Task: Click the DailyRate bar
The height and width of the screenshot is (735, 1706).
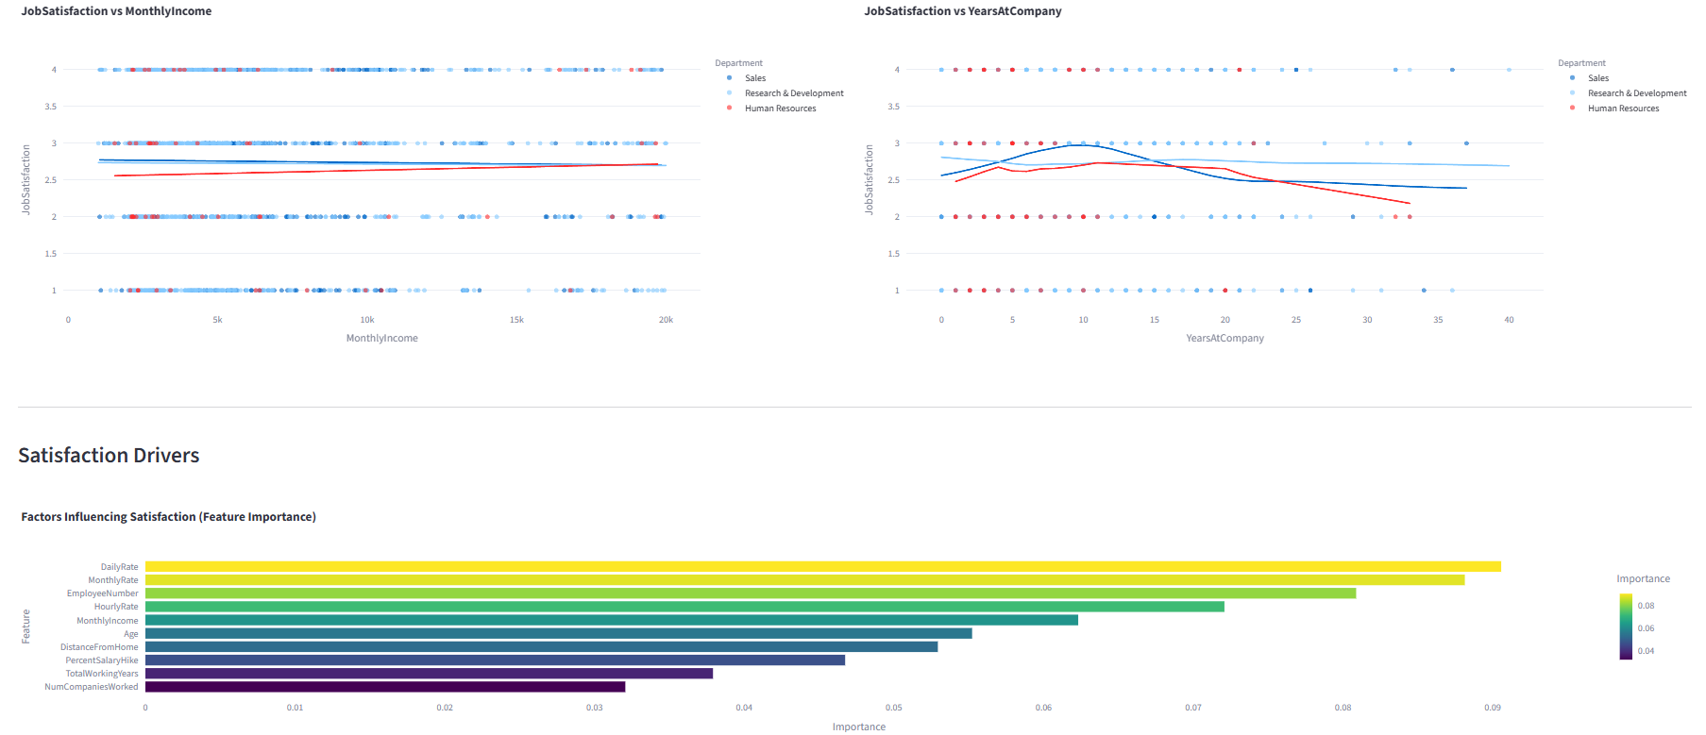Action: coord(821,567)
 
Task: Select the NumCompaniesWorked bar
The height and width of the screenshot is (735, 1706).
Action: coord(384,687)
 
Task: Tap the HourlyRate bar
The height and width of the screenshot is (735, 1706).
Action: coord(684,607)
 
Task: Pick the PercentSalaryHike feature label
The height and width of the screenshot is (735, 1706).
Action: coord(102,660)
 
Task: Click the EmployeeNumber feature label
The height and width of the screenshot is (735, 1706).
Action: coord(102,593)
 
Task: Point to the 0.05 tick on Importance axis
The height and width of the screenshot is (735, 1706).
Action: coord(893,708)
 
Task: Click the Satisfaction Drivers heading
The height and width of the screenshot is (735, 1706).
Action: coord(109,456)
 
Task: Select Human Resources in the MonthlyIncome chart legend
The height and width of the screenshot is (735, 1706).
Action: coord(780,109)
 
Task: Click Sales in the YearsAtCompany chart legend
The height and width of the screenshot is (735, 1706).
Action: coord(1597,78)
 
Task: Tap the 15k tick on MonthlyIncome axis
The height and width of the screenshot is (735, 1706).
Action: coord(516,320)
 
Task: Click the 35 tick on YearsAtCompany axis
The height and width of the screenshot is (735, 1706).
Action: coord(1438,320)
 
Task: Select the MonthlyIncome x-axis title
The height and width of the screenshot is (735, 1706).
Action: coord(381,338)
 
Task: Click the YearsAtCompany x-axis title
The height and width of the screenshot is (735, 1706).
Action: coord(1225,338)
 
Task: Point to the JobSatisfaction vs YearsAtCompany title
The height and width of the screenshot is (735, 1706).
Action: coord(962,11)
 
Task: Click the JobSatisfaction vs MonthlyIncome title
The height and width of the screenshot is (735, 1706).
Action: coord(116,11)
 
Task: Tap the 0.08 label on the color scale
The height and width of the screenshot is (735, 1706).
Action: coord(1646,606)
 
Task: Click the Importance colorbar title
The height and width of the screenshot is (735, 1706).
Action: coord(1643,579)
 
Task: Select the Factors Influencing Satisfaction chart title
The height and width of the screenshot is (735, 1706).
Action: coord(168,517)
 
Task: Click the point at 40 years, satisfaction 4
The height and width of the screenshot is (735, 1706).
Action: coord(1509,70)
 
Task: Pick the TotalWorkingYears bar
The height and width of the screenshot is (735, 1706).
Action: coord(429,674)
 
